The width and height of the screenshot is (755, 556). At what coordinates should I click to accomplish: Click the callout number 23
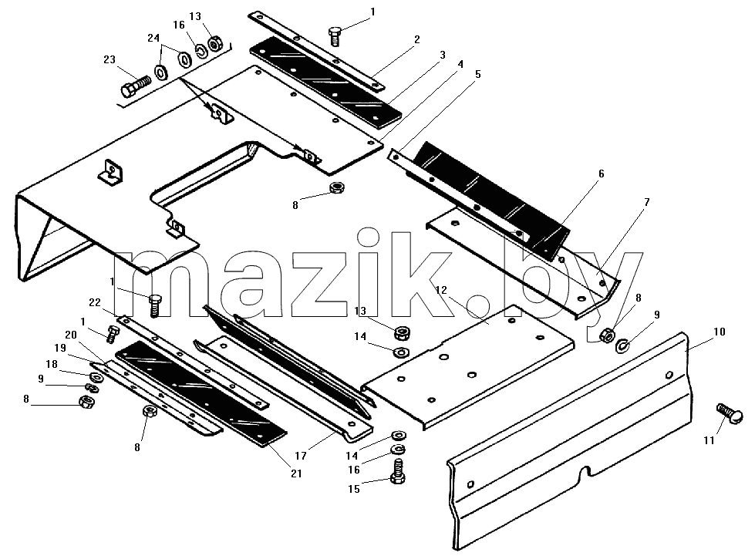pos(110,59)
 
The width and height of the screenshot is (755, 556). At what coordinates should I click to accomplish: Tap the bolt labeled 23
pos(135,86)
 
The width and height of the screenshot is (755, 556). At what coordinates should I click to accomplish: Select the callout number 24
pos(153,38)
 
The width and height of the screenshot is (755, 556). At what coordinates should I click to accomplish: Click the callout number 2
pos(417,39)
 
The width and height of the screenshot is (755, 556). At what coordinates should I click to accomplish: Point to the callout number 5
pos(477,74)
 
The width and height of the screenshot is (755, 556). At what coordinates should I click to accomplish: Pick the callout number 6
pos(601,174)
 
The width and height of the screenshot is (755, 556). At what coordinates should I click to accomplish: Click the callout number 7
pos(647,202)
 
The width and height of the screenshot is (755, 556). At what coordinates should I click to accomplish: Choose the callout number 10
pos(719,332)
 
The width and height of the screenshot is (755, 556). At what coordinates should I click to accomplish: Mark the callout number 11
pos(709,440)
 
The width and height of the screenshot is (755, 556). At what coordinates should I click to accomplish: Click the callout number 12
pos(441,290)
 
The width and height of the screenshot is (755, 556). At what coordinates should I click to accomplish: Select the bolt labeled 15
pos(398,471)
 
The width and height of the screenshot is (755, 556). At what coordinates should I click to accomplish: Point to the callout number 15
pos(354,489)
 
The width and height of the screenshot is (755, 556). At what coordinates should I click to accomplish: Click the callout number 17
pos(301,456)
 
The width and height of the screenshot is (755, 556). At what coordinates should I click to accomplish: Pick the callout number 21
pos(296,473)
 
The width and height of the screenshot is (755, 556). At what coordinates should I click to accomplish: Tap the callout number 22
pos(95,302)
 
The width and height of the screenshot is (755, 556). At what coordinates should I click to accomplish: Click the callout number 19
pos(60,348)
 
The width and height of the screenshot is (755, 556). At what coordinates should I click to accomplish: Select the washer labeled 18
pos(94,376)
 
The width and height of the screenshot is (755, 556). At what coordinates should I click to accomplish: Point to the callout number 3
pos(443,55)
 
